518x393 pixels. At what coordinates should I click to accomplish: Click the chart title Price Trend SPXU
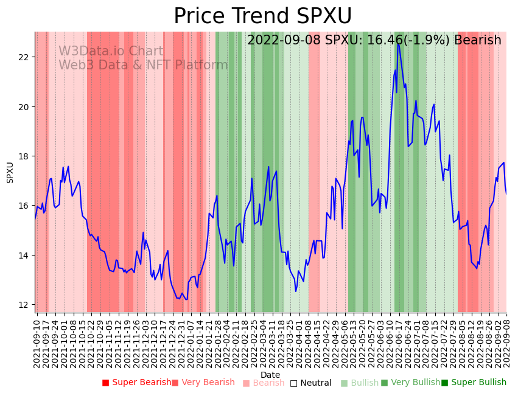[x=262, y=16]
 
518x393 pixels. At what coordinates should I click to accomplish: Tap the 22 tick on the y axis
[x=24, y=57]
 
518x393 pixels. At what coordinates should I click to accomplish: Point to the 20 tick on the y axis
[x=24, y=107]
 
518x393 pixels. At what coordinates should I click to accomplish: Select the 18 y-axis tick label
[x=24, y=156]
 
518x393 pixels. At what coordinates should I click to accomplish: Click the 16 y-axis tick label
[x=24, y=206]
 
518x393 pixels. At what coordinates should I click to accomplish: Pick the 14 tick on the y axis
[x=24, y=256]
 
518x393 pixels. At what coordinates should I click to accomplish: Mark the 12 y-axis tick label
[x=24, y=305]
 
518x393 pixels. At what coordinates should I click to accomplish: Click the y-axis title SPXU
[x=10, y=172]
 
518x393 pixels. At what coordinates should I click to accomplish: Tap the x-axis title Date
[x=270, y=375]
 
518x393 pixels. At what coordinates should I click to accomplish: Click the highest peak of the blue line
[x=398, y=43]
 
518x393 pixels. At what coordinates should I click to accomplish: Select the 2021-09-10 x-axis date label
[x=37, y=343]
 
